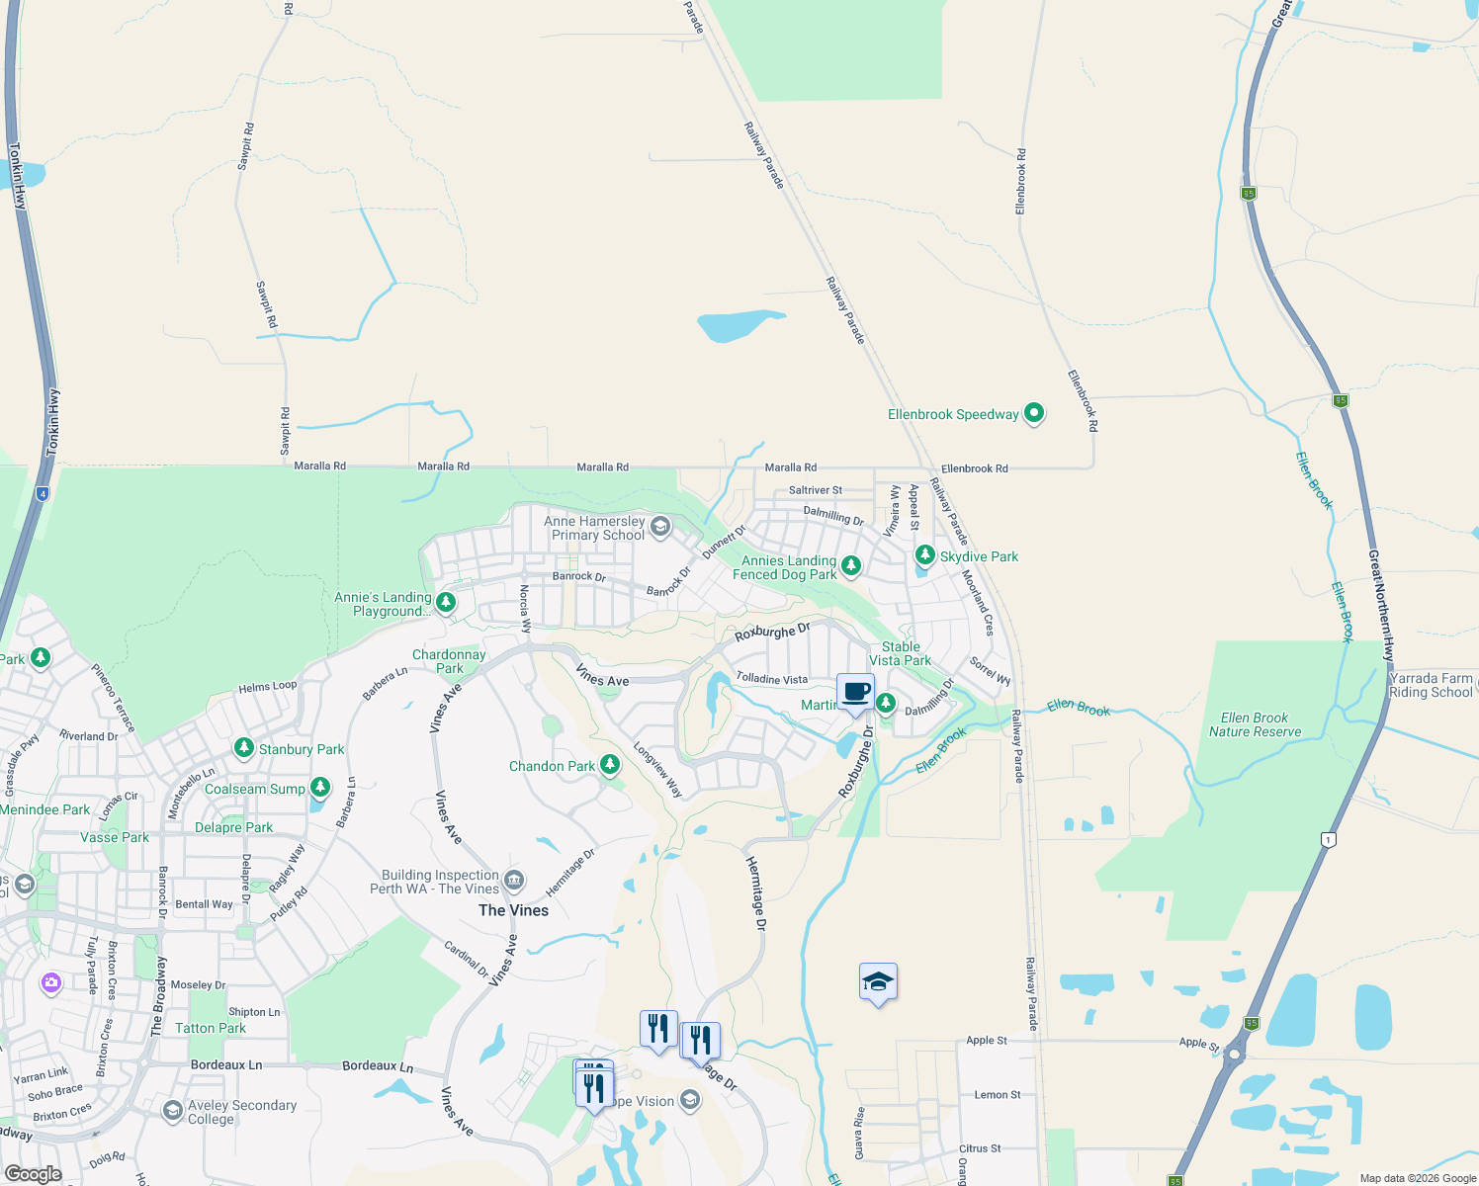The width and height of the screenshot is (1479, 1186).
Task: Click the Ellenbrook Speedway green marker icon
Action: point(1034,413)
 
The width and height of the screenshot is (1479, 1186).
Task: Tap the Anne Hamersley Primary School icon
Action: point(659,527)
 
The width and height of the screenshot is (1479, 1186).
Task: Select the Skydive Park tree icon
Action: point(924,555)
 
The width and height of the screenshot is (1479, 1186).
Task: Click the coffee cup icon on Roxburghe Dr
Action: point(856,692)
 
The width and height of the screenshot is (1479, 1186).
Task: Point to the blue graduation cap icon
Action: point(878,982)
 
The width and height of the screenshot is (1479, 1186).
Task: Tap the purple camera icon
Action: point(51,983)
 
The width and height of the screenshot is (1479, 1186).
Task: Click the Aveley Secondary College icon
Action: point(173,1111)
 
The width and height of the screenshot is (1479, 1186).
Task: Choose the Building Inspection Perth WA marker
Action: point(513,880)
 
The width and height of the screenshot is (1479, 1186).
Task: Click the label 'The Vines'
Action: point(513,910)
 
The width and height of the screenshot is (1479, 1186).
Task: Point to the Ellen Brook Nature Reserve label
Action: point(1255,724)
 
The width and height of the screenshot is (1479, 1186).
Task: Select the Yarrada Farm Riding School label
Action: point(1431,685)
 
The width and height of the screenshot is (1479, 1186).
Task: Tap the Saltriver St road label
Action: point(816,490)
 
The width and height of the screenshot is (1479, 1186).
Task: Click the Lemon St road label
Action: point(998,1094)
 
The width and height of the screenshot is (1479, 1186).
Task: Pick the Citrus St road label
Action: point(980,1148)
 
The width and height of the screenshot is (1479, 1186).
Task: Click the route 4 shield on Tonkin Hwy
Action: point(43,493)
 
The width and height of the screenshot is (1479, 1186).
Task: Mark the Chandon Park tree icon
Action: point(610,764)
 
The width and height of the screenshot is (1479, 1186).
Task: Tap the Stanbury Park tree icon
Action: point(244,748)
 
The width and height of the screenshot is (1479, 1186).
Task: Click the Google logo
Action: point(33,1173)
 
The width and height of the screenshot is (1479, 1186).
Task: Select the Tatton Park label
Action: point(211,1028)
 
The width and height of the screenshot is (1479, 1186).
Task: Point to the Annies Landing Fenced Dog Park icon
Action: point(850,566)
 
